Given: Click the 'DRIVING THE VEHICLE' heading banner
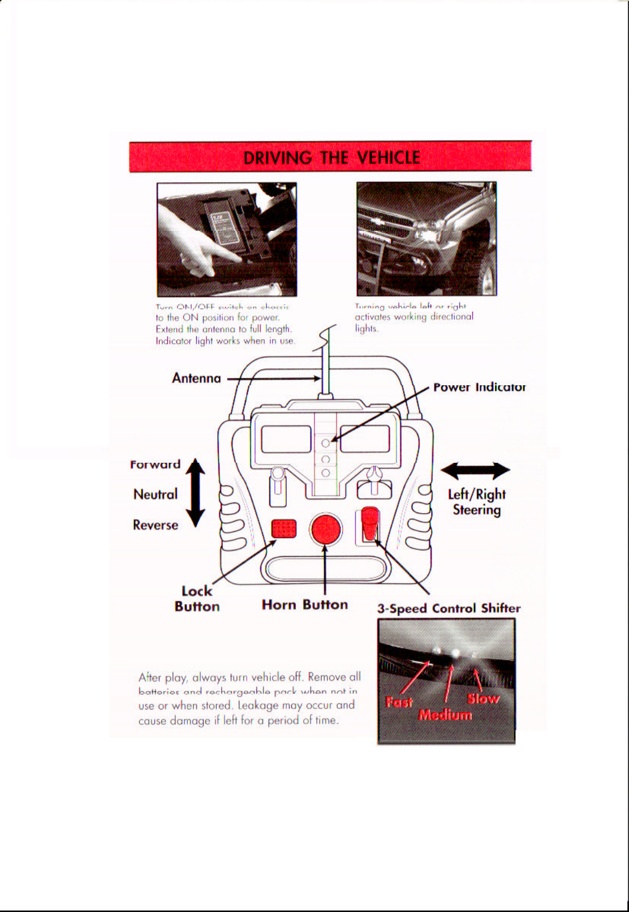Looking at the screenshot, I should [331, 157].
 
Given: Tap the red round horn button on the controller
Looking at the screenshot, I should [326, 530].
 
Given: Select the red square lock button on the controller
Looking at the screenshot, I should [284, 528].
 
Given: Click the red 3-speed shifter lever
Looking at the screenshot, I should [369, 523].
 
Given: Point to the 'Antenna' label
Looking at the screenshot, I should [196, 378].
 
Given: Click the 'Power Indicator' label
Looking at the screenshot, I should [479, 388].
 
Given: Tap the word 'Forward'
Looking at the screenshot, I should [156, 464].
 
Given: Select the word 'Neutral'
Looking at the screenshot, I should [156, 494].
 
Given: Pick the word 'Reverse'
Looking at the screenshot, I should [156, 525].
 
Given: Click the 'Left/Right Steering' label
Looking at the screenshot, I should [476, 502].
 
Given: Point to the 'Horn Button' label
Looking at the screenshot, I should [304, 605].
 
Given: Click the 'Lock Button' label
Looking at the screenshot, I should [197, 599].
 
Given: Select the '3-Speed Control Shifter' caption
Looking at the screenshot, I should [449, 609].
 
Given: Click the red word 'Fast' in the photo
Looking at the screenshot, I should [399, 703].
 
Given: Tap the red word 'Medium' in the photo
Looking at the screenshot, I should [445, 715].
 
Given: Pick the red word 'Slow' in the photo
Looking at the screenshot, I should [483, 699].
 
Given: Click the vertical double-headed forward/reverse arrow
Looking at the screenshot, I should [196, 493].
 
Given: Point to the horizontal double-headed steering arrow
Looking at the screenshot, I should [475, 471].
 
